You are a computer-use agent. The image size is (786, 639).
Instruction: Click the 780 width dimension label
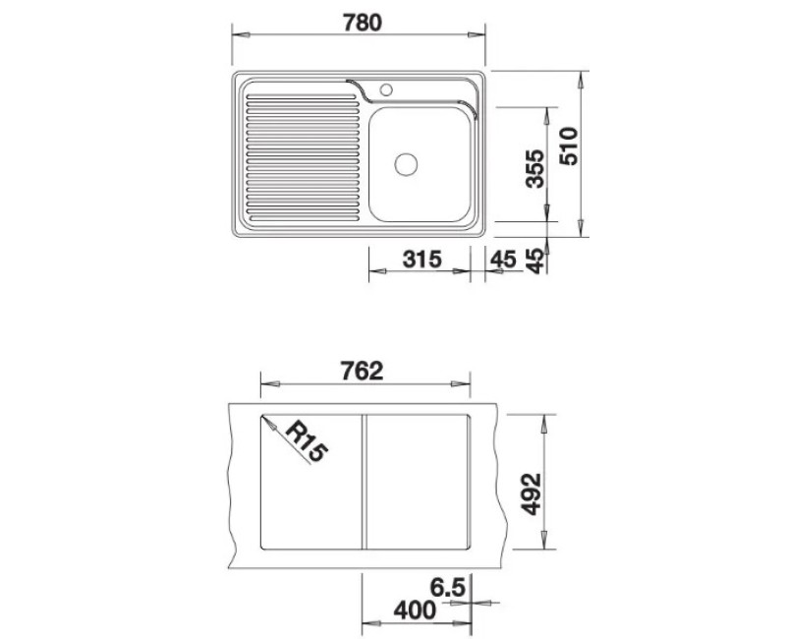[x=362, y=23]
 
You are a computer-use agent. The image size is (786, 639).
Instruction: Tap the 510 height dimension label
[x=569, y=146]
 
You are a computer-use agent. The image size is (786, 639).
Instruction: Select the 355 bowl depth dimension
[x=534, y=168]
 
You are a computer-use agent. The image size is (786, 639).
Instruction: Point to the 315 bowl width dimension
[x=422, y=260]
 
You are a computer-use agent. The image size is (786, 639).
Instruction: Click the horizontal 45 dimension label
[x=503, y=260]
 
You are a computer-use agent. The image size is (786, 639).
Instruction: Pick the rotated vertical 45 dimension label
[x=535, y=261]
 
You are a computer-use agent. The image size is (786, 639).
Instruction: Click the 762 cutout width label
[x=362, y=372]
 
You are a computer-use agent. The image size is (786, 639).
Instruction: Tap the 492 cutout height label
[x=532, y=494]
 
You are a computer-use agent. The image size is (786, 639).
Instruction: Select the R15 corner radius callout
[x=306, y=441]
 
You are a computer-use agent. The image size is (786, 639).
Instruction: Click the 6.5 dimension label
[x=448, y=588]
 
